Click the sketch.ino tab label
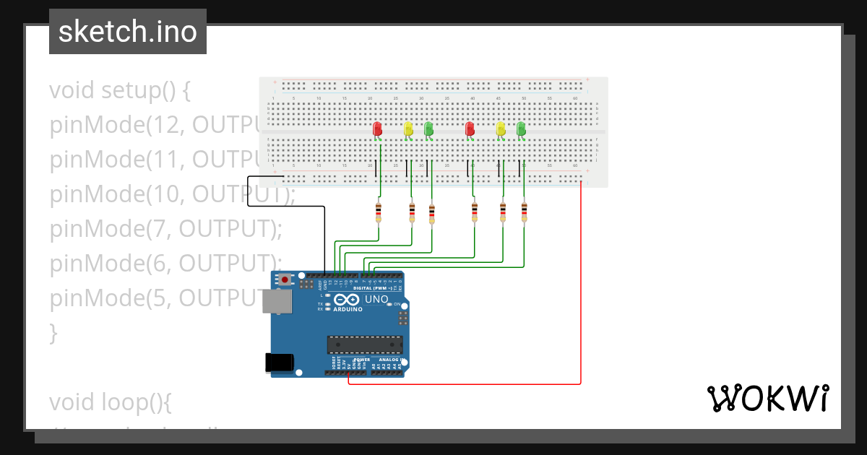click(x=127, y=32)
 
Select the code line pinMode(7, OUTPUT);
click(x=165, y=229)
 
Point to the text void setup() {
click(x=120, y=90)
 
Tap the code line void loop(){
click(x=111, y=402)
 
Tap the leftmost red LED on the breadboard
click(x=377, y=129)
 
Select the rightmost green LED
click(x=521, y=129)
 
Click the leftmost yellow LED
click(x=408, y=129)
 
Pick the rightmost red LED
click(x=470, y=129)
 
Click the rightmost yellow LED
click(x=501, y=129)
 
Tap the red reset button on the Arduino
click(x=286, y=279)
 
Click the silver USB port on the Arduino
click(x=277, y=301)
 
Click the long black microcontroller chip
click(x=364, y=345)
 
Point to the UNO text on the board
click(x=376, y=299)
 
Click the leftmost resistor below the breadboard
click(x=378, y=212)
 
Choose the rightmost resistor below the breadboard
click(x=524, y=212)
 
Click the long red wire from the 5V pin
click(x=581, y=289)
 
